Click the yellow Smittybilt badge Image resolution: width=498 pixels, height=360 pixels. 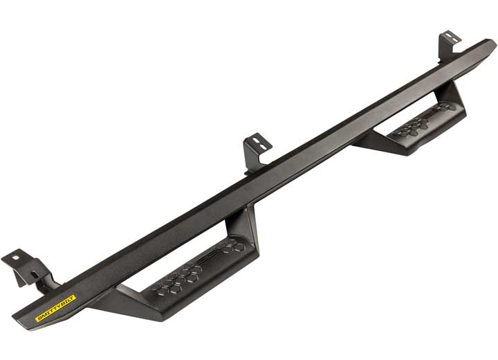(56, 309)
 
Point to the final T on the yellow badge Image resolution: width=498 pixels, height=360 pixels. (73, 300)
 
